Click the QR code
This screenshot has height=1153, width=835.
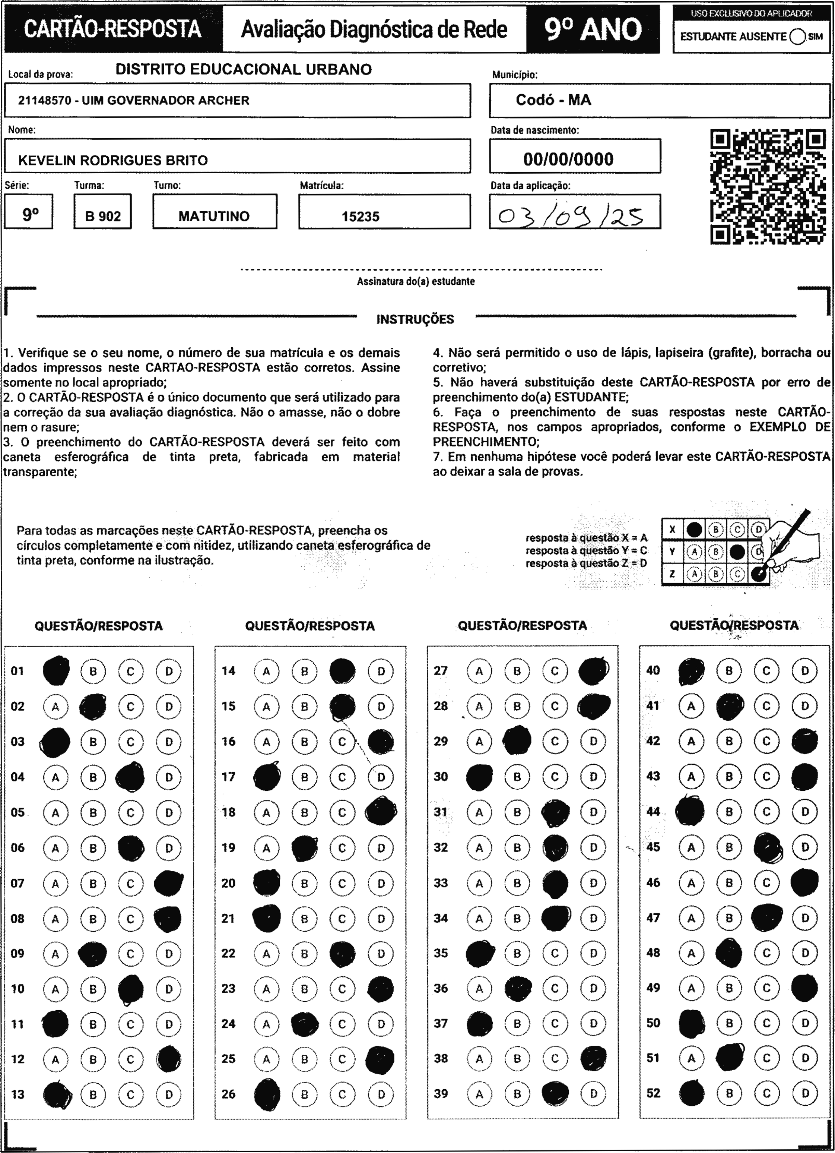(x=768, y=187)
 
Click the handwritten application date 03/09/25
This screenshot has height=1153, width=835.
(x=570, y=216)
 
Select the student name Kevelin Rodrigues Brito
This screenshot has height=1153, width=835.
(x=113, y=161)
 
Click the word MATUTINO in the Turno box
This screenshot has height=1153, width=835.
(x=214, y=216)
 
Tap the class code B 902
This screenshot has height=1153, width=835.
(x=103, y=217)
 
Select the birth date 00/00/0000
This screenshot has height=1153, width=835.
(x=568, y=159)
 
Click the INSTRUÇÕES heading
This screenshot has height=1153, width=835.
(x=415, y=319)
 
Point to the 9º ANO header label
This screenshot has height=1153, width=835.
(x=593, y=29)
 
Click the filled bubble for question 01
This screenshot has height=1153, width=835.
(x=56, y=671)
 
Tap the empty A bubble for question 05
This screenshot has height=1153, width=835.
(x=55, y=812)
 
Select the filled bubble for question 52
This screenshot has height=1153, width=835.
(x=691, y=1093)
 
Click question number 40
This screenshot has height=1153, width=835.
(x=653, y=670)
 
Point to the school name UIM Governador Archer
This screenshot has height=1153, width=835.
(x=134, y=101)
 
